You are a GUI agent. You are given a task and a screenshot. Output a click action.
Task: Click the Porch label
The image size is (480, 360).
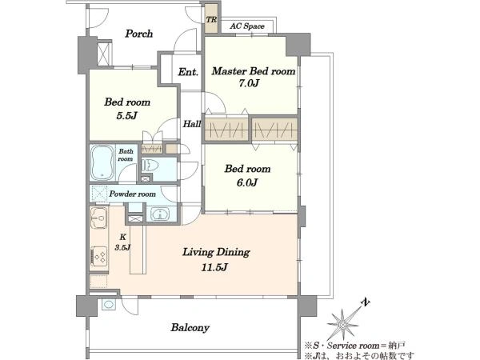[x=138, y=34]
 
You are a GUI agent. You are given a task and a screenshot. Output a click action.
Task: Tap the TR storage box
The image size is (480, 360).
[x=211, y=18]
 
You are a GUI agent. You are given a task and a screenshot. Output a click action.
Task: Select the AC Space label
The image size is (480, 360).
[x=247, y=26]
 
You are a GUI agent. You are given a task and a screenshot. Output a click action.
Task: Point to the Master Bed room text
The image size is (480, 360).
[x=254, y=71]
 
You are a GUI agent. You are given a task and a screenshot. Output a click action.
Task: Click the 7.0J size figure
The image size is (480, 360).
[x=249, y=83]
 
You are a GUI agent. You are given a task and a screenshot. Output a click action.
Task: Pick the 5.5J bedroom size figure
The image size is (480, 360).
[x=126, y=116]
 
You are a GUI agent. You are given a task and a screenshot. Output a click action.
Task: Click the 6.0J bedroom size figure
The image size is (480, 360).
[x=247, y=182]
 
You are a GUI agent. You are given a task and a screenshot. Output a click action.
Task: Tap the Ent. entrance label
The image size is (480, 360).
[x=188, y=72]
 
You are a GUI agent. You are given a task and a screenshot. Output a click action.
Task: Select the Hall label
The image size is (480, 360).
[x=192, y=124]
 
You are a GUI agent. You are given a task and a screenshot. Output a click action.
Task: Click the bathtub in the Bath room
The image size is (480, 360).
[x=102, y=162]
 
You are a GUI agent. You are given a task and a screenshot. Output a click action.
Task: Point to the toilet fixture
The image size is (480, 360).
[x=150, y=166]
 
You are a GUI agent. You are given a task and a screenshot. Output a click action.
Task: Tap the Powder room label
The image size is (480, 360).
[x=132, y=194]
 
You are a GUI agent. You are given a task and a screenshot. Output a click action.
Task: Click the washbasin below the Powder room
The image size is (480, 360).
[x=160, y=214]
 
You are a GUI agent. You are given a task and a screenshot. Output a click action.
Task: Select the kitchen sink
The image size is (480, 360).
[x=99, y=218]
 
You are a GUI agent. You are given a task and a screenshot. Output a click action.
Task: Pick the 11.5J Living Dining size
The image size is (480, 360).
[x=214, y=267]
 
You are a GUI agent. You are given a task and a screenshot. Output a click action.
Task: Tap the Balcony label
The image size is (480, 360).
[x=190, y=327]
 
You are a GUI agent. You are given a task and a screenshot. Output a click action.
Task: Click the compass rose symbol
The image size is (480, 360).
[x=343, y=324]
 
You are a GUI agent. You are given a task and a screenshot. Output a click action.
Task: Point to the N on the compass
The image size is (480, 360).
[x=366, y=302]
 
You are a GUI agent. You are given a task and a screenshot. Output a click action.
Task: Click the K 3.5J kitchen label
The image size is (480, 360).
[x=122, y=242]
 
